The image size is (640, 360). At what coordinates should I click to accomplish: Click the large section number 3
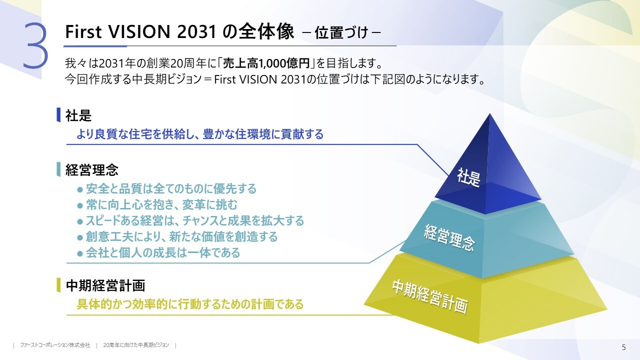[35, 46]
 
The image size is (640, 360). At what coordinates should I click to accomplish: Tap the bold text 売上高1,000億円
[266, 63]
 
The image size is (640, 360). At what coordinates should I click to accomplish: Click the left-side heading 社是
[78, 115]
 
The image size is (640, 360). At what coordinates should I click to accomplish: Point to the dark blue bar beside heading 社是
[58, 115]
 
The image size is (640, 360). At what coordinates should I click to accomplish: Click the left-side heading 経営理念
[91, 169]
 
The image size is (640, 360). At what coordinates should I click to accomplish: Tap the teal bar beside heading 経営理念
[58, 169]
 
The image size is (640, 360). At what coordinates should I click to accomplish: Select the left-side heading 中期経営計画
[105, 285]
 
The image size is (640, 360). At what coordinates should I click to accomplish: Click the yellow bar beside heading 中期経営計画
[58, 285]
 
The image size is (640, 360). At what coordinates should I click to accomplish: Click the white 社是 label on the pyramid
[468, 177]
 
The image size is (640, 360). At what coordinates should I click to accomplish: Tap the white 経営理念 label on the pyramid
[449, 237]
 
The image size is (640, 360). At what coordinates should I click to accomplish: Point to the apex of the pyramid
[490, 113]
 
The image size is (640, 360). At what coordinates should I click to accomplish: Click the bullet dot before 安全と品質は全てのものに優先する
[80, 189]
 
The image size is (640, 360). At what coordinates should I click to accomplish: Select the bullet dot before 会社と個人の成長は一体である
[80, 253]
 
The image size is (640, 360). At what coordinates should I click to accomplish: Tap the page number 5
[623, 347]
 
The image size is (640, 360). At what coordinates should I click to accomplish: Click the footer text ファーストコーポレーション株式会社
[55, 345]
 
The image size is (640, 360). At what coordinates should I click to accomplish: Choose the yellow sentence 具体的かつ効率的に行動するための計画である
[190, 304]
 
